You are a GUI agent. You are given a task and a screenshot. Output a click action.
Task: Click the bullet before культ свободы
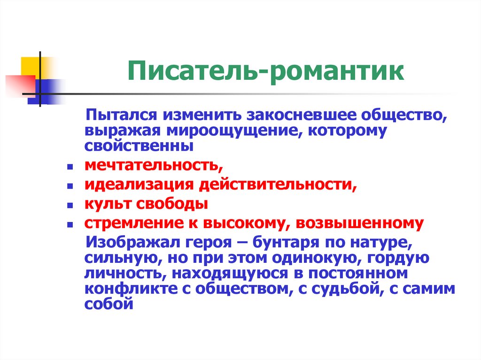(70, 206)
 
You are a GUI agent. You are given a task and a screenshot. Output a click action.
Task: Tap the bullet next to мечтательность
(70, 167)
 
